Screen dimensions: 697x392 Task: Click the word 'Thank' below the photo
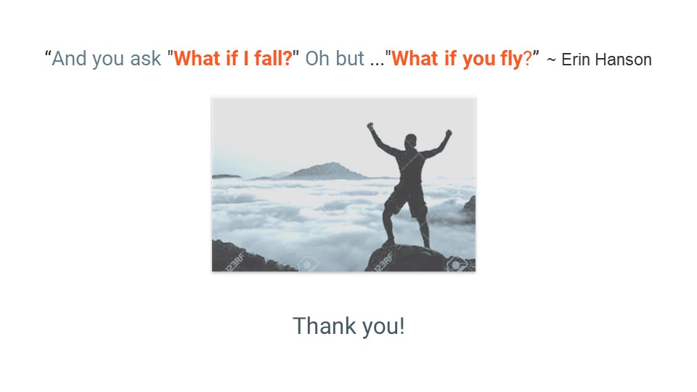click(x=325, y=326)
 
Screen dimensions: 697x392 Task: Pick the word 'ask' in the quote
click(x=145, y=60)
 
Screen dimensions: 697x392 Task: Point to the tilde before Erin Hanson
click(x=551, y=60)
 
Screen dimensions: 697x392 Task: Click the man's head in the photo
click(x=411, y=142)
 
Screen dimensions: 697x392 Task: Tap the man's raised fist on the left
click(x=370, y=126)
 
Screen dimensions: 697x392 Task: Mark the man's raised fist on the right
click(x=449, y=133)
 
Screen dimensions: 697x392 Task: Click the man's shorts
click(x=407, y=203)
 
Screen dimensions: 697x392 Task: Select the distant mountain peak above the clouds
click(x=327, y=171)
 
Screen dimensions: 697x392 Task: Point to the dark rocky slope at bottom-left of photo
click(x=245, y=258)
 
